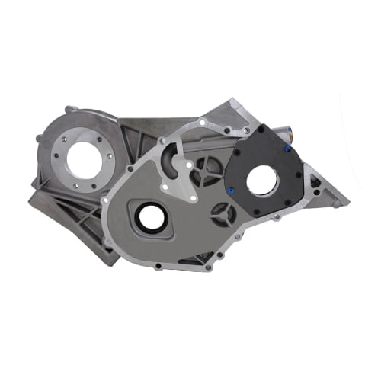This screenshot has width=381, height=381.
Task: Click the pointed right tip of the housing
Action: tap(347, 203)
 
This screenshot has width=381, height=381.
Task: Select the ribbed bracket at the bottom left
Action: tap(69, 221)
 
